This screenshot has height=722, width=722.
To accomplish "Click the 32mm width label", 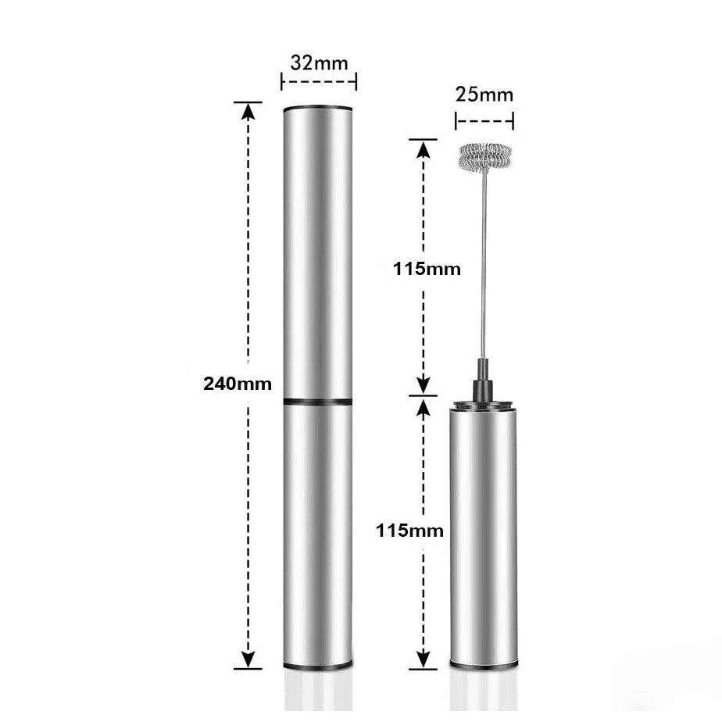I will tap(318, 62).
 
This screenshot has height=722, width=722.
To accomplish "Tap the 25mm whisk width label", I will tap(484, 95).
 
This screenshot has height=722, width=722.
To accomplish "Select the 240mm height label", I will tap(238, 384).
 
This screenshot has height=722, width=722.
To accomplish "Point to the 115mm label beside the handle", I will tap(409, 531).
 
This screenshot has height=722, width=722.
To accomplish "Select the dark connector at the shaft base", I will tap(483, 379).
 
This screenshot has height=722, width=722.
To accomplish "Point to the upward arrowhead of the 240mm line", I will tap(248, 110).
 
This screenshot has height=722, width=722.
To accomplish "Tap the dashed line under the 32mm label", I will tap(318, 80).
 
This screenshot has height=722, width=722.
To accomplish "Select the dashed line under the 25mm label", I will tap(484, 121).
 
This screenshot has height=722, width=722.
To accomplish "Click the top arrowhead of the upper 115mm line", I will tap(423, 148).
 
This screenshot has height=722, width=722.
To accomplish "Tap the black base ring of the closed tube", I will tap(317, 667).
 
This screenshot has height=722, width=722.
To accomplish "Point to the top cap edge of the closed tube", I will tap(317, 106).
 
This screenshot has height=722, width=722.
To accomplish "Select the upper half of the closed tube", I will tap(317, 250).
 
